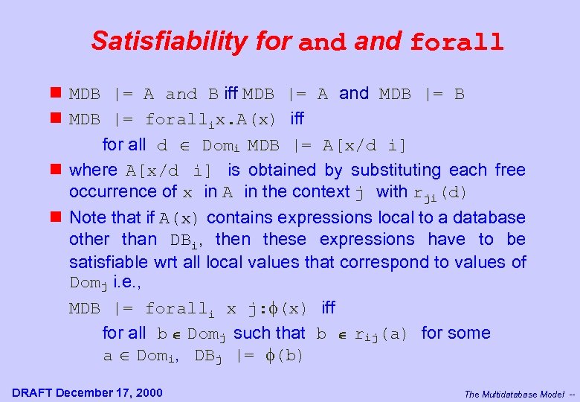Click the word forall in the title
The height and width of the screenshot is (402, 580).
pos(457,42)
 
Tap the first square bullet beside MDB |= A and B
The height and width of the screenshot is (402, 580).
pos(56,94)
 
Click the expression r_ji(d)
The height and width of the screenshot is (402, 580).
pos(440,193)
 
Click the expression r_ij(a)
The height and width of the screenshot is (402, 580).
pos(381,334)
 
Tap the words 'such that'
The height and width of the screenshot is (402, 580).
pos(269,334)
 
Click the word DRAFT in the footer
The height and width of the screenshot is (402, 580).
pos(32,393)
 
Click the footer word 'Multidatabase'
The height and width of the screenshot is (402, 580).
pos(512,395)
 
